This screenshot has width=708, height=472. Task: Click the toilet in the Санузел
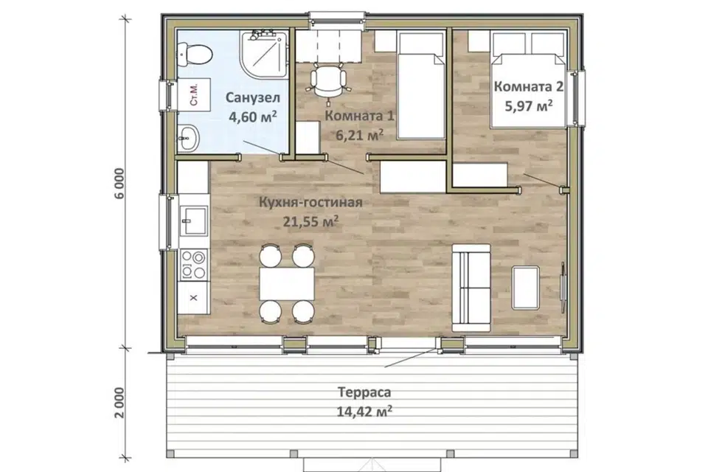coord(194,54)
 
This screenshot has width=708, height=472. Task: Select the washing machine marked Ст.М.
coord(194,94)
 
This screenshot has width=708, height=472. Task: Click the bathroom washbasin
coord(188,137)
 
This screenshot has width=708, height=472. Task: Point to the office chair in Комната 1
coord(329,80)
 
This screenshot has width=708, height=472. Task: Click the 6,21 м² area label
coord(360,134)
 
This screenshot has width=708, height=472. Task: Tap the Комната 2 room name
coord(529,86)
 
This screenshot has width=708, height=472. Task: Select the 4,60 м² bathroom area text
coord(253,117)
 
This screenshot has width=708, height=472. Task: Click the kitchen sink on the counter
coord(194,220)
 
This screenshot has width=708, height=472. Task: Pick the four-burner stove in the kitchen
coord(194,264)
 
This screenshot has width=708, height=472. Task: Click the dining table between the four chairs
coord(287,284)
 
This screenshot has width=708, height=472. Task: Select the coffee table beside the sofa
coord(526,288)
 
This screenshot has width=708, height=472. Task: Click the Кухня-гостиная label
coord(310,202)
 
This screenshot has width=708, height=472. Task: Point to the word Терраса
coord(364,392)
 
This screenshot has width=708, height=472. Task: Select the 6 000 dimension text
coord(118,184)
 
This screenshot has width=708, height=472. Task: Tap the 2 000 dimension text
coord(118,403)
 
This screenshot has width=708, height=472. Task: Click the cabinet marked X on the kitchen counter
coord(194,298)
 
